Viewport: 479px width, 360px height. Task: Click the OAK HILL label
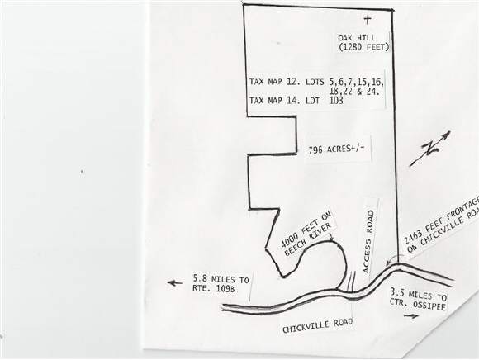coord(357,38)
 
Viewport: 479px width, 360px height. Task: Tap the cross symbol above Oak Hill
coord(368,20)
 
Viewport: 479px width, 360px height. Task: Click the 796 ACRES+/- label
coord(336,149)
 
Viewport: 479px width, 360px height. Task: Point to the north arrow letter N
coord(429,149)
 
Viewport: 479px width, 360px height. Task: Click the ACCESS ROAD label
coord(368,242)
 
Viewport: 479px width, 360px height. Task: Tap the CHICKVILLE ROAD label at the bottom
coord(317,326)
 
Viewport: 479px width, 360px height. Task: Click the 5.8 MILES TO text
coord(221,279)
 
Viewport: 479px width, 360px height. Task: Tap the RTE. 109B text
coord(214,288)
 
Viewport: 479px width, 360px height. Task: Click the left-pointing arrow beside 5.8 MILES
coord(175,283)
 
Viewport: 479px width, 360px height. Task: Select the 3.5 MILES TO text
coord(418,294)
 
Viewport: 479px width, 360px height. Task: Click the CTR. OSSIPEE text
coord(417,304)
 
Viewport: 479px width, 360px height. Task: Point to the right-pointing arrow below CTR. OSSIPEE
coord(411,316)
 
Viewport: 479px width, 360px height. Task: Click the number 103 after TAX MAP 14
coord(337,101)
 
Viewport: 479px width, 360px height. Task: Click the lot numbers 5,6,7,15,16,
coord(357,82)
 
